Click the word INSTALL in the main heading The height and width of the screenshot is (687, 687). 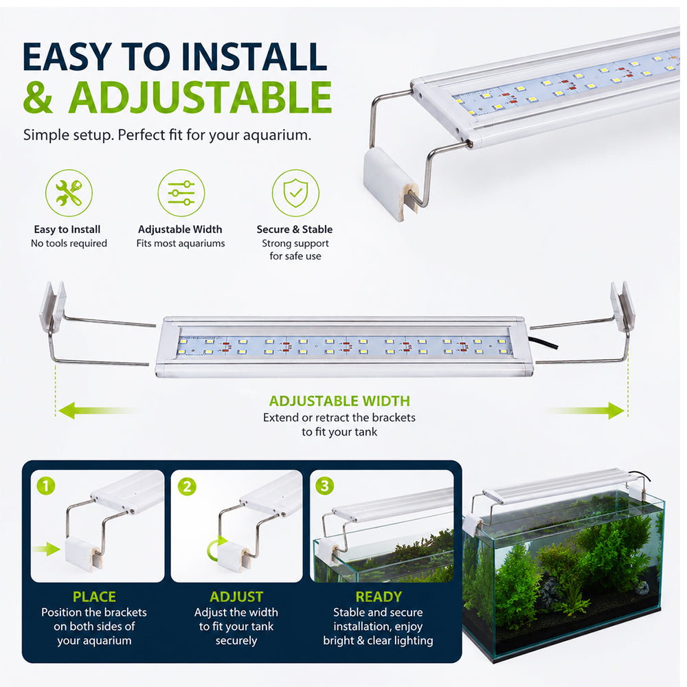click(x=254, y=56)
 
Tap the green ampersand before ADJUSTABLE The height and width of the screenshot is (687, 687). click(x=38, y=98)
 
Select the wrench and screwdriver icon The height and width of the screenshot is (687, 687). click(x=69, y=193)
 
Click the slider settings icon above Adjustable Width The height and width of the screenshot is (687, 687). click(x=181, y=193)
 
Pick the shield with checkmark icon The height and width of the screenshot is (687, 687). click(x=295, y=193)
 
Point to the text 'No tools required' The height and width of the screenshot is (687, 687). click(x=69, y=243)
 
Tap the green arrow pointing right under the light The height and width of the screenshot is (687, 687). click(x=585, y=411)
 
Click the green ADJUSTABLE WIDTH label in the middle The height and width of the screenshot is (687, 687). click(x=339, y=401)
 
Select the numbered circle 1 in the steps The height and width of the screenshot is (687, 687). click(x=46, y=486)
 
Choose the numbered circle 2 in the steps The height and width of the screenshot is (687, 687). click(x=187, y=486)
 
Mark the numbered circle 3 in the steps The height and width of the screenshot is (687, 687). click(x=325, y=486)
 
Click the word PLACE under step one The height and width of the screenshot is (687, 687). click(x=94, y=597)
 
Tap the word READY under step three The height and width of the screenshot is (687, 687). click(x=379, y=597)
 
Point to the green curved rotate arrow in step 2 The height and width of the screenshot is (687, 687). click(x=214, y=548)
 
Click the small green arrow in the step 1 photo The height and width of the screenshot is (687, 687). click(x=46, y=549)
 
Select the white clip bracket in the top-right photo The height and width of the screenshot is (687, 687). click(x=390, y=183)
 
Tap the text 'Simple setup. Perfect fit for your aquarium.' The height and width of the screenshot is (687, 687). click(x=168, y=135)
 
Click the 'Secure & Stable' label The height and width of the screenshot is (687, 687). click(x=295, y=229)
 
